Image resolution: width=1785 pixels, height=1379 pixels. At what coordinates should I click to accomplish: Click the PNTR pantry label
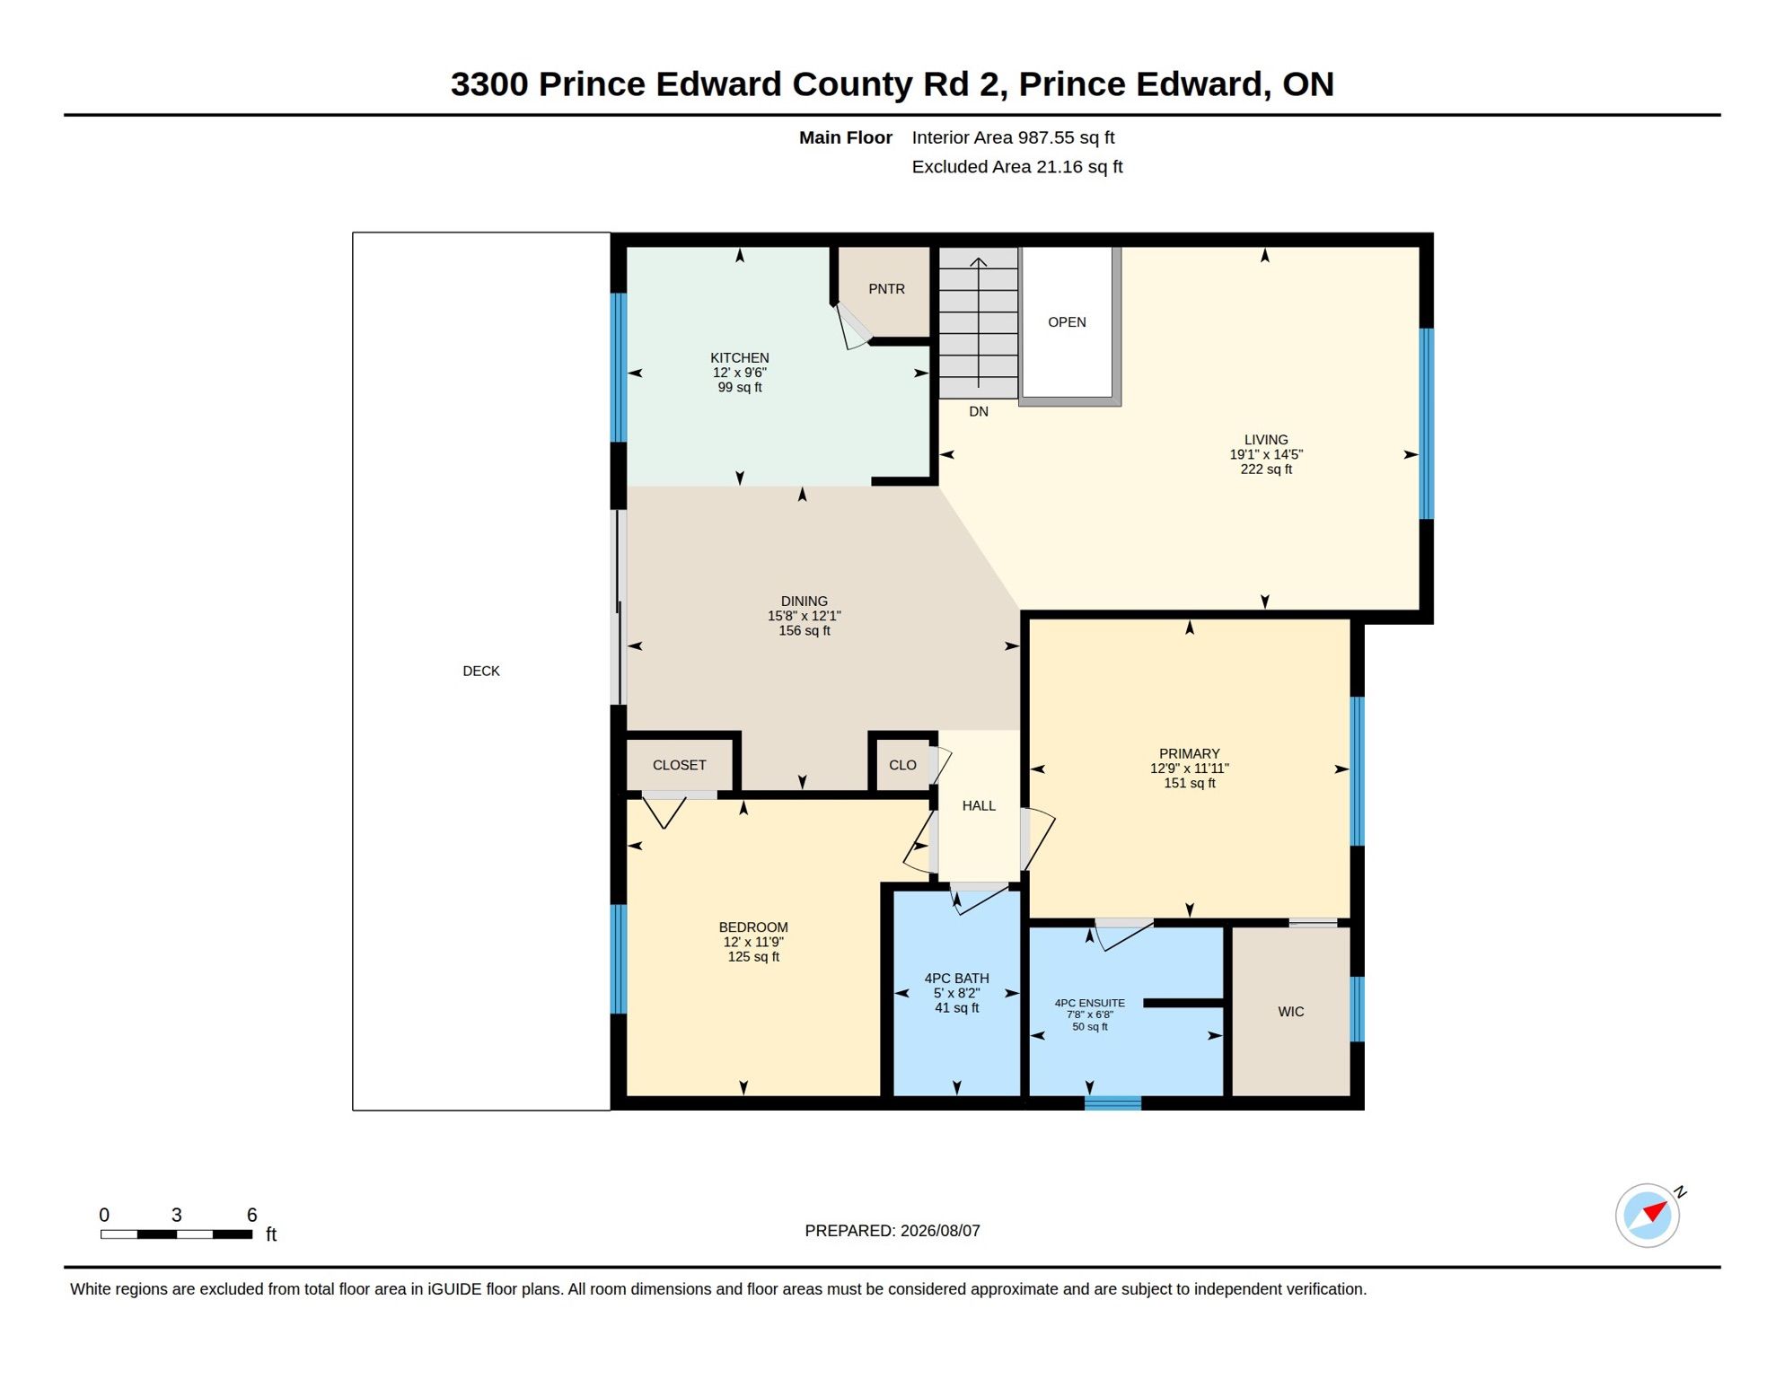tap(886, 289)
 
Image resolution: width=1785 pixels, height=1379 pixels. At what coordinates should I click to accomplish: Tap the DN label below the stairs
tap(979, 412)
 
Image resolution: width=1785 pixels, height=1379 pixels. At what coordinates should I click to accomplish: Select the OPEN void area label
tap(1067, 322)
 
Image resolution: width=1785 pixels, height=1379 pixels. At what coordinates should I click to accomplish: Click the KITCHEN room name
tap(740, 358)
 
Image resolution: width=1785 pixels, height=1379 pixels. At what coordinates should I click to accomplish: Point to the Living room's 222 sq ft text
tap(1266, 470)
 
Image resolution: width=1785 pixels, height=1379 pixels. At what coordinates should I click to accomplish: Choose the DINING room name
tap(805, 602)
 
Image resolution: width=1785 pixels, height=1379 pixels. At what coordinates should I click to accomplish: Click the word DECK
tap(481, 672)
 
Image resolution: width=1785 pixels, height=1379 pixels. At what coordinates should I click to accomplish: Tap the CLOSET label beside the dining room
tap(680, 766)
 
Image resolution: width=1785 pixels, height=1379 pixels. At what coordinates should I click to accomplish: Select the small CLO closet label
tap(902, 766)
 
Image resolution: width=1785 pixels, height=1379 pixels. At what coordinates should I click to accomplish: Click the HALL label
tap(979, 806)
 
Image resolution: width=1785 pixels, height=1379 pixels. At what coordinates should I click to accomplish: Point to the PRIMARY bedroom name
tap(1190, 754)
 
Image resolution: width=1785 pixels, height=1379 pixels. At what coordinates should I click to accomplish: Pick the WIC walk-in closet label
tap(1291, 1012)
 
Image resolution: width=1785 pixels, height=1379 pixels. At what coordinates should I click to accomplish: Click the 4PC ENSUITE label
tap(1090, 1004)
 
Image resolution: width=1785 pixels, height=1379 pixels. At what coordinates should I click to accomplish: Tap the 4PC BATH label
tap(957, 979)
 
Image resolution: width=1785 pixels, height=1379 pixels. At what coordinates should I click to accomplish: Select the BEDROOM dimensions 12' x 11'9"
tap(753, 943)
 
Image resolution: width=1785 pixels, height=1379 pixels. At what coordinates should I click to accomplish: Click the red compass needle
tap(1657, 1212)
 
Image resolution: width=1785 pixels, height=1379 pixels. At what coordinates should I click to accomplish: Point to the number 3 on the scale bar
tap(177, 1216)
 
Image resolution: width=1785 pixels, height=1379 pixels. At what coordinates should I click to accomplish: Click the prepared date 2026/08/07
tap(940, 1231)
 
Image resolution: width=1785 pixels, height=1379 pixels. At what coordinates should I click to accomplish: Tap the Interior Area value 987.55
tap(1046, 138)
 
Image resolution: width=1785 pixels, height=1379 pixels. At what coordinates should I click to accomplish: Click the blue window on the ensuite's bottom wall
tap(1113, 1103)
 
